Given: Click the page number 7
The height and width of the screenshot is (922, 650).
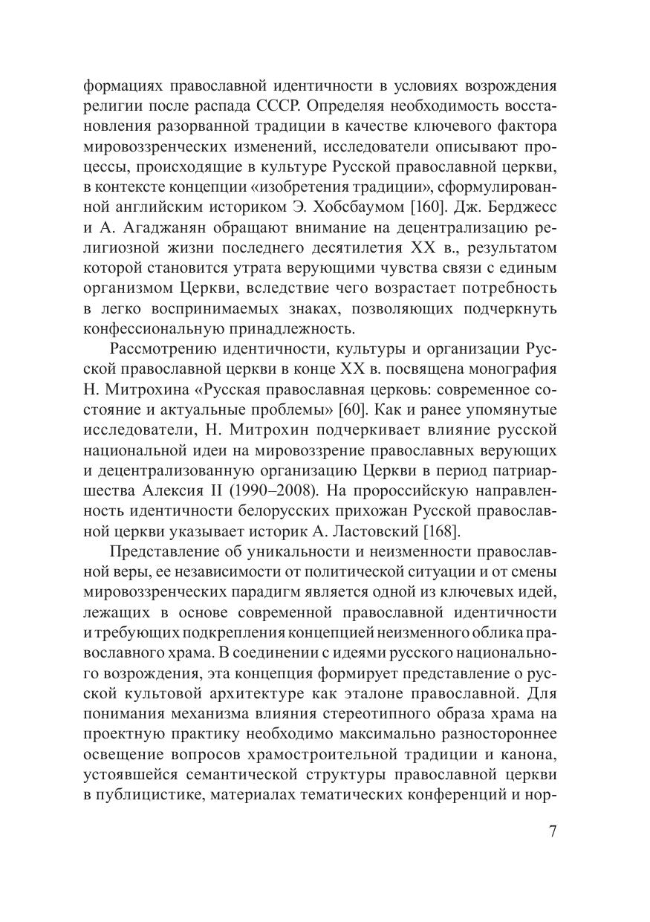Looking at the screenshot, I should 553,831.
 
